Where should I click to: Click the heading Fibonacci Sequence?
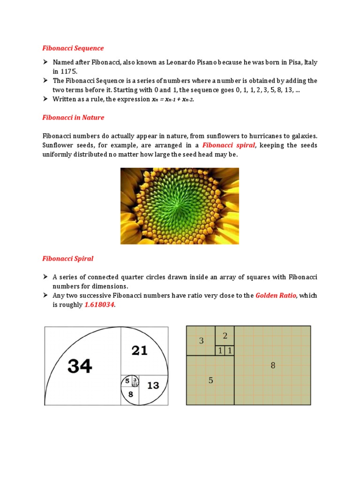tap(73, 48)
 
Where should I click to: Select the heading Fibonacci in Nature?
tap(73, 117)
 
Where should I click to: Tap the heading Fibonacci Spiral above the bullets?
tap(68, 258)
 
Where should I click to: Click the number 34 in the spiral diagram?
tap(80, 366)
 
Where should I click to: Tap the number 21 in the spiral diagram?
tap(140, 350)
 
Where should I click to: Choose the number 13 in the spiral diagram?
tap(153, 385)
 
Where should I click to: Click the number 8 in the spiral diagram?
tap(131, 394)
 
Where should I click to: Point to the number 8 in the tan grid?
tap(273, 366)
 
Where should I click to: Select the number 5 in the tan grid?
tap(210, 380)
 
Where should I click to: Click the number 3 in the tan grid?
tap(202, 341)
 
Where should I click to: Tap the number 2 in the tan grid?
tap(225, 336)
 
